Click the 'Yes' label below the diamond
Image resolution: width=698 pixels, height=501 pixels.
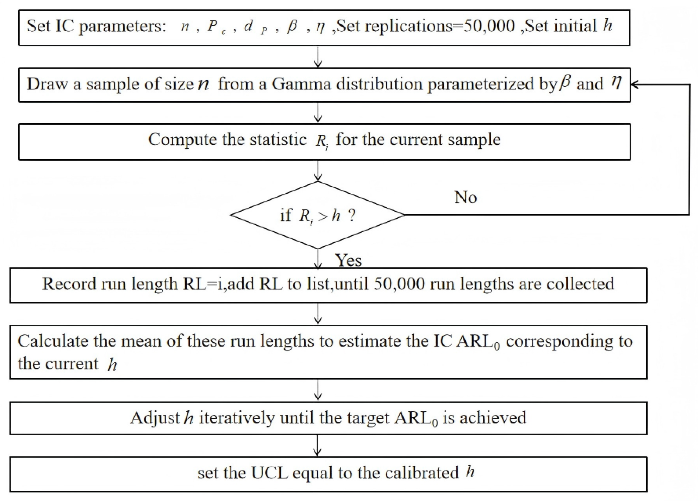point(348,260)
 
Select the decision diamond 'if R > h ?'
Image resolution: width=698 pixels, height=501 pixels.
point(318,215)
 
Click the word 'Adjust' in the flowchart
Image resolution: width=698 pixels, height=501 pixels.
point(155,418)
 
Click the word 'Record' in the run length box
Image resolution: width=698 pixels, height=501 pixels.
point(69,284)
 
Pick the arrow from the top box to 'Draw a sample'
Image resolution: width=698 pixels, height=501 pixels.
point(318,57)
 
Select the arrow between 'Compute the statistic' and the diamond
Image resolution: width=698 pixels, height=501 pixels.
point(318,171)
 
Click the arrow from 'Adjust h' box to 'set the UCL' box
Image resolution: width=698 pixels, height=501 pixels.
point(317,446)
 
